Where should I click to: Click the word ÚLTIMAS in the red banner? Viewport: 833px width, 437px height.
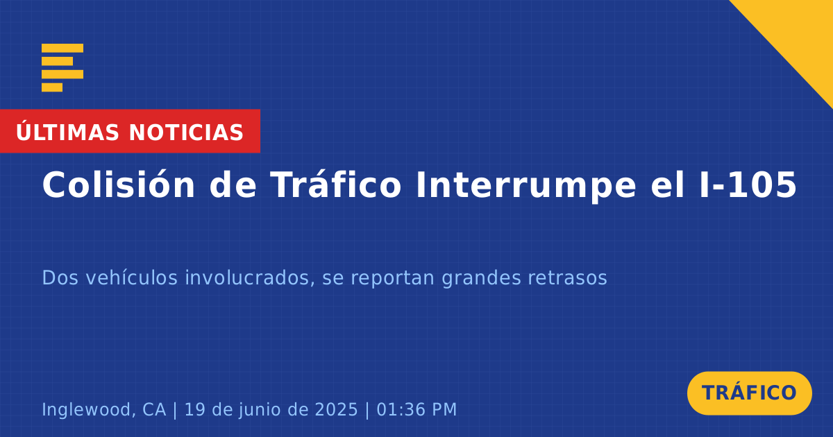point(67,132)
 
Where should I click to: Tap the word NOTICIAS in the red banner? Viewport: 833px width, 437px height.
point(186,132)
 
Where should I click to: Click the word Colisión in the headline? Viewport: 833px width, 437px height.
point(118,185)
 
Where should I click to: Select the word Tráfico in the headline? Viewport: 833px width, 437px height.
point(336,185)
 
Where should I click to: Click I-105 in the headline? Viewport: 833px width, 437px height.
point(748,185)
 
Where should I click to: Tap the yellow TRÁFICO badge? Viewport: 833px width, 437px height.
point(749,393)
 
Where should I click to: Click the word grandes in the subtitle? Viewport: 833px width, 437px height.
point(481,278)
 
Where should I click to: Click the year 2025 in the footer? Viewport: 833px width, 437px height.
point(336,409)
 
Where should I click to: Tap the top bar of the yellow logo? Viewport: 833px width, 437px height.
point(62,48)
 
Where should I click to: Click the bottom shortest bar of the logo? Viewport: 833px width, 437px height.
point(52,87)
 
